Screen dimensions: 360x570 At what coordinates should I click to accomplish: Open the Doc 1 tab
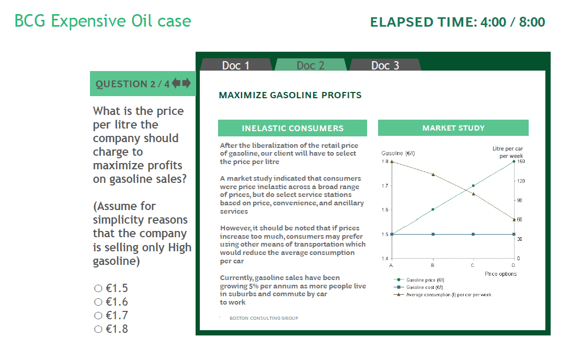point(236,65)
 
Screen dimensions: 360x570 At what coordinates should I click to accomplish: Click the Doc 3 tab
point(385,65)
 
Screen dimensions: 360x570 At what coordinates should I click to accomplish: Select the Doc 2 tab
point(311,65)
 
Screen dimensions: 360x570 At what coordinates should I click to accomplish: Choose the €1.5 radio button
point(98,288)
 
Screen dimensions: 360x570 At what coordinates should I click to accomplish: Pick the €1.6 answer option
point(98,302)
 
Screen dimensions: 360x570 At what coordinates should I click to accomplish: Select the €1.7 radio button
point(98,316)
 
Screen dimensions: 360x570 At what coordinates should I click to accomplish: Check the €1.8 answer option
point(98,329)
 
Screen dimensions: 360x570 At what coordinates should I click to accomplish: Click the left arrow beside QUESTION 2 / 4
point(176,83)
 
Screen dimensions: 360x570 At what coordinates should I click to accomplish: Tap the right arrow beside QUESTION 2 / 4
point(186,83)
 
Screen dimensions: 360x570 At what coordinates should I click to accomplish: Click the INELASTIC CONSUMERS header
point(292,128)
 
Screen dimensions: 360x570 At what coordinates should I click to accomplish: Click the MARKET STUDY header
point(453,128)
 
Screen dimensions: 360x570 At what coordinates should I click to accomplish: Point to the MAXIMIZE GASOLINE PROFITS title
point(290,95)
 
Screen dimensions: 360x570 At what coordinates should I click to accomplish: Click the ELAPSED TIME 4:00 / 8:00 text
point(457,22)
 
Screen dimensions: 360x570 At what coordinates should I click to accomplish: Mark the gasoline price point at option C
point(473,185)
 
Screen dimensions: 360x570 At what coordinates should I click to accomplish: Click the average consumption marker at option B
point(433,174)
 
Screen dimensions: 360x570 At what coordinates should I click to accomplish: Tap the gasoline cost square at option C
point(473,234)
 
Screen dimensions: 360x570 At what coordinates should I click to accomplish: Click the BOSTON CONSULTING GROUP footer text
point(264,318)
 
